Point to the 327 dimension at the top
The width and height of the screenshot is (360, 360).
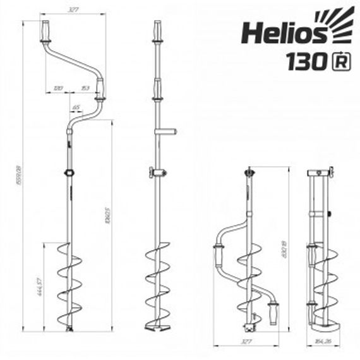point(75,10)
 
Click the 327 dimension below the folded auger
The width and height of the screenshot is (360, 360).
point(250,341)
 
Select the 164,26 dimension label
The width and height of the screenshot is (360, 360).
point(323,341)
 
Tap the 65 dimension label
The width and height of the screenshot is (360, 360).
point(76,108)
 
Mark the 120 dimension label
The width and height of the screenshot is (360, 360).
point(58,88)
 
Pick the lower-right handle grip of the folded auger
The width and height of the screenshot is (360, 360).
point(273,311)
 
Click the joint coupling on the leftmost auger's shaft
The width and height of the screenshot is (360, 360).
point(69,172)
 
